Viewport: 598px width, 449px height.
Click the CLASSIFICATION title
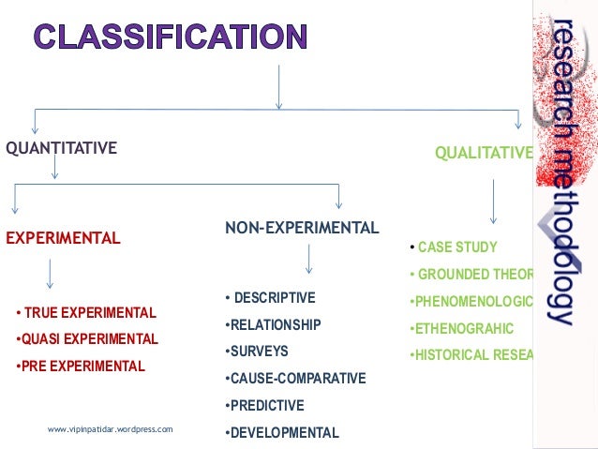pos(170,37)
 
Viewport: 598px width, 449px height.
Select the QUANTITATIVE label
pos(62,147)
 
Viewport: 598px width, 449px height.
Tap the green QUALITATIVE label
pos(484,153)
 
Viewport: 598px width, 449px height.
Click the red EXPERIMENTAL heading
pos(64,238)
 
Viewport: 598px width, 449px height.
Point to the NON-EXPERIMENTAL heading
pos(302,228)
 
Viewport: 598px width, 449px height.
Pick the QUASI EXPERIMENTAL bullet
pos(88,339)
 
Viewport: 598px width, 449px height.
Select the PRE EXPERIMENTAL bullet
pos(82,366)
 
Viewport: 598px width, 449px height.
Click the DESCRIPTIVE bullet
pos(272,298)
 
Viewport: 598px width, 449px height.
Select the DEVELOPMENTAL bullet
pos(282,433)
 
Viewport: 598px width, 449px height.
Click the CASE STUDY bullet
pos(456,247)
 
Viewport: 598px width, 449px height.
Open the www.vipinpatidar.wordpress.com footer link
pos(111,429)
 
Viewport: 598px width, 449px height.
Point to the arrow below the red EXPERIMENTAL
pos(49,273)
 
